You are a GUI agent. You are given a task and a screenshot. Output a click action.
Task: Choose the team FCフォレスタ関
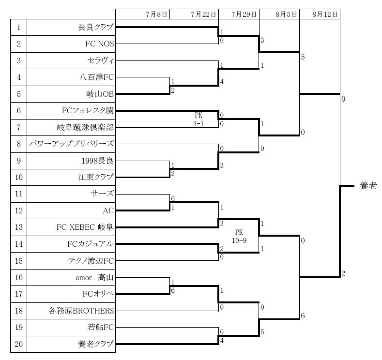point(88,110)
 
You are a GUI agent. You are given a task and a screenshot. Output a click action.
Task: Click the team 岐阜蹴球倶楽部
point(85,127)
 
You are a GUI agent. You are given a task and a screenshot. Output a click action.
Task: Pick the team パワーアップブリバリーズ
point(72,144)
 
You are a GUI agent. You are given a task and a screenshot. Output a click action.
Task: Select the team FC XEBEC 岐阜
point(85,227)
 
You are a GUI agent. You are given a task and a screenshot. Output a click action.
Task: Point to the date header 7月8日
point(156,14)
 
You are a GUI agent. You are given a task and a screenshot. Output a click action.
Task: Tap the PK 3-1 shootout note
point(199,120)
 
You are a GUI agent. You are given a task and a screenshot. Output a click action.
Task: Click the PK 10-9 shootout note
point(239,236)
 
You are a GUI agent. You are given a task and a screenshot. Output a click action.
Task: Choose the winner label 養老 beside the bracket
point(368,186)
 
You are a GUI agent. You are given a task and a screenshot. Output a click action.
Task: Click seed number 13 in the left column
point(18,227)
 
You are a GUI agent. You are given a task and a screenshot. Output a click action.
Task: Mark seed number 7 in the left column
point(18,127)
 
